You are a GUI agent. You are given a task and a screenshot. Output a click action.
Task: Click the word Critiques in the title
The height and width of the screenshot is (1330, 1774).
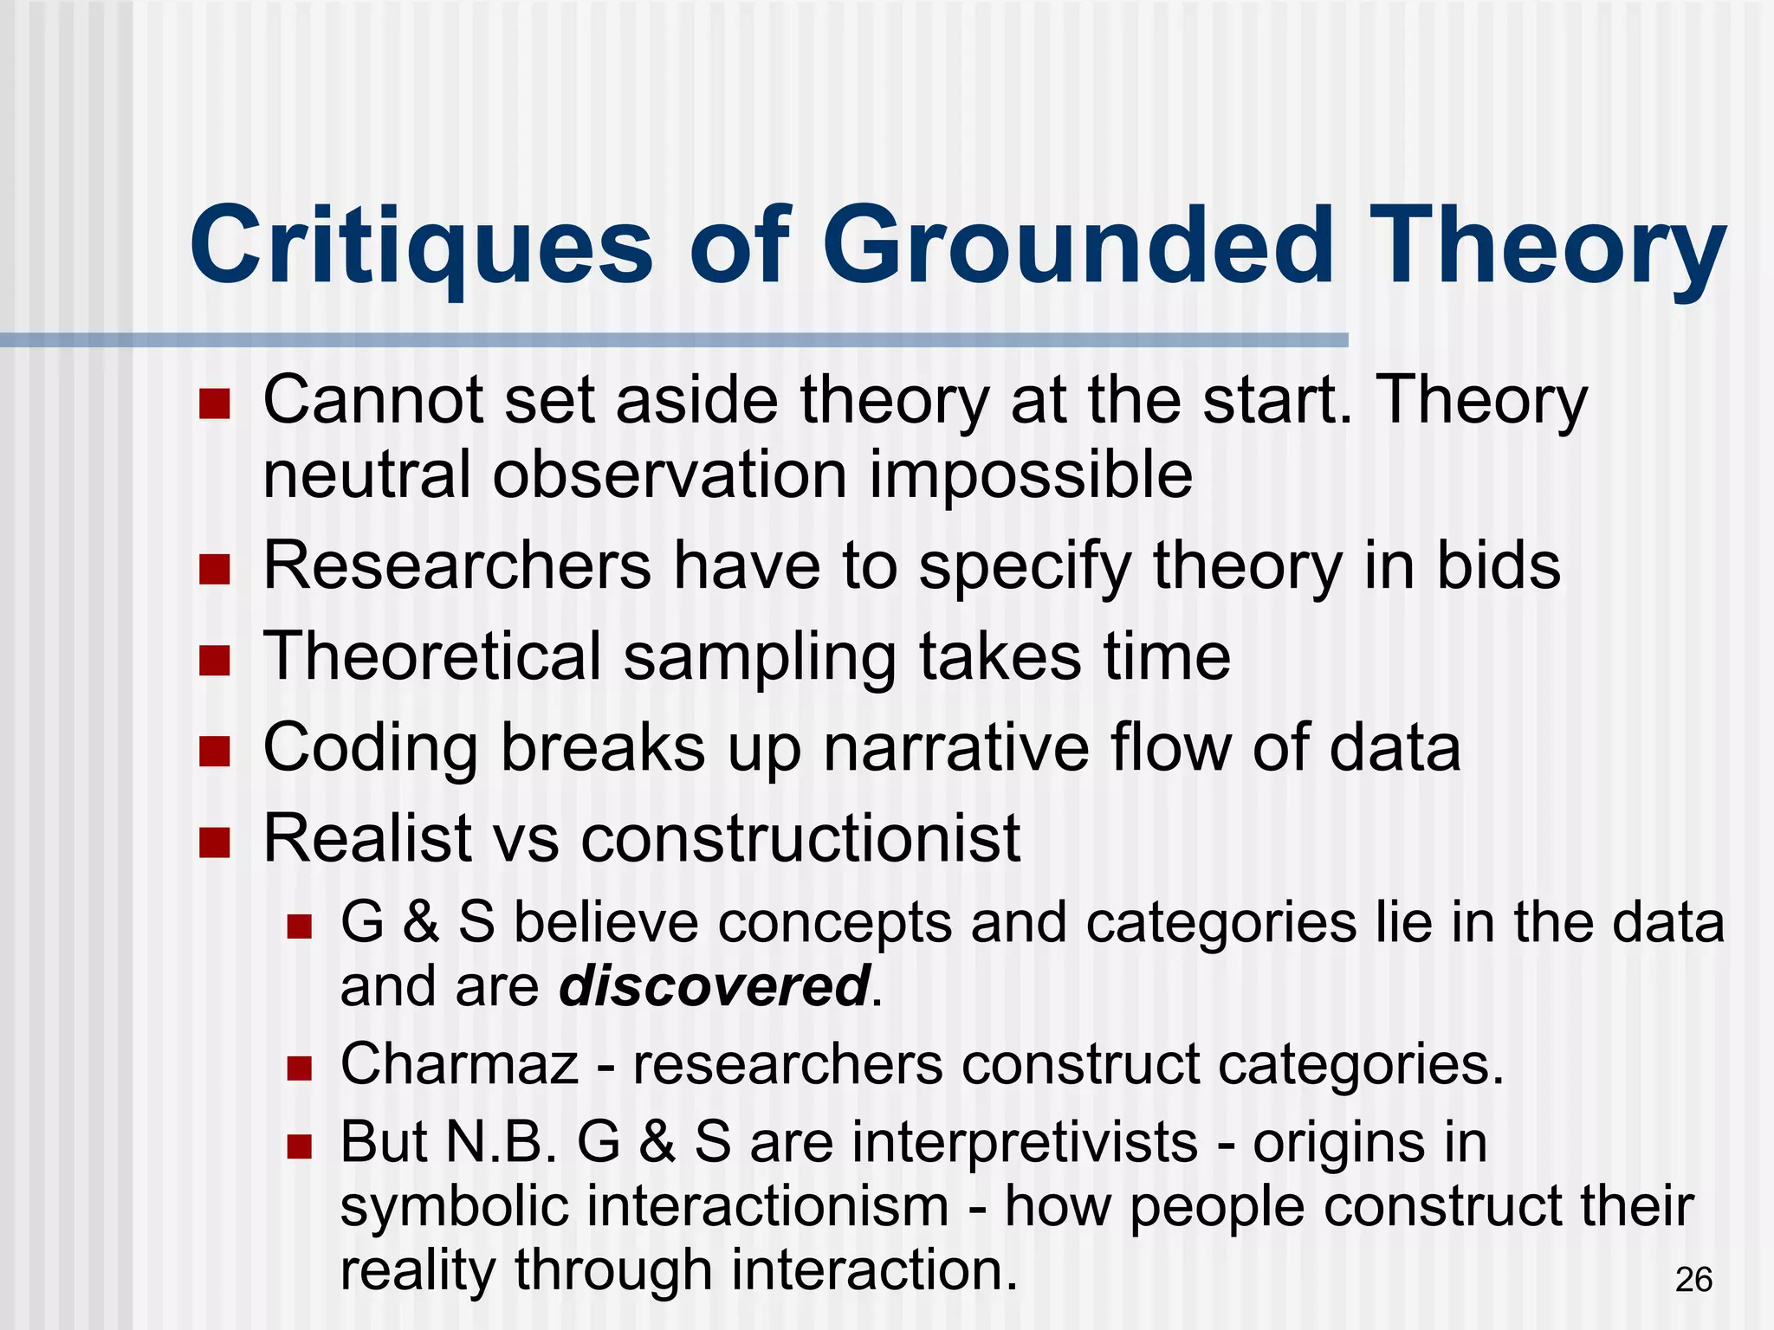tap(422, 247)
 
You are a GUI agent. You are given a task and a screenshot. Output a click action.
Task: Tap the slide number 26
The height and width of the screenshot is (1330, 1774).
tap(1693, 1280)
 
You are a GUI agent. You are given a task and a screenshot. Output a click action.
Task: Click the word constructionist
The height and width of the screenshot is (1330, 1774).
tap(800, 838)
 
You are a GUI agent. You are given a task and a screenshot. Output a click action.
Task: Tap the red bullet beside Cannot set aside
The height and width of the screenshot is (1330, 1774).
tap(214, 404)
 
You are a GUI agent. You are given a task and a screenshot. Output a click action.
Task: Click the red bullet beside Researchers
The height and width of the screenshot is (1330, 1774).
tap(214, 570)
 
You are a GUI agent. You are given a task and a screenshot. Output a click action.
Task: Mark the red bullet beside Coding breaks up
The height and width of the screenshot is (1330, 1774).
tap(214, 752)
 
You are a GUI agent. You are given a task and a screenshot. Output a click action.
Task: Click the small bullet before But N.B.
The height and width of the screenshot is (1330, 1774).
tap(299, 1147)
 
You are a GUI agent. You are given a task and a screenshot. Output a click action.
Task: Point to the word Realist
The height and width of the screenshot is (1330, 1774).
tap(367, 838)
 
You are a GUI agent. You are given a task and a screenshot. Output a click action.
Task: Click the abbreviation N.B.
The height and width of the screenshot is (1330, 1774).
tap(502, 1142)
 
